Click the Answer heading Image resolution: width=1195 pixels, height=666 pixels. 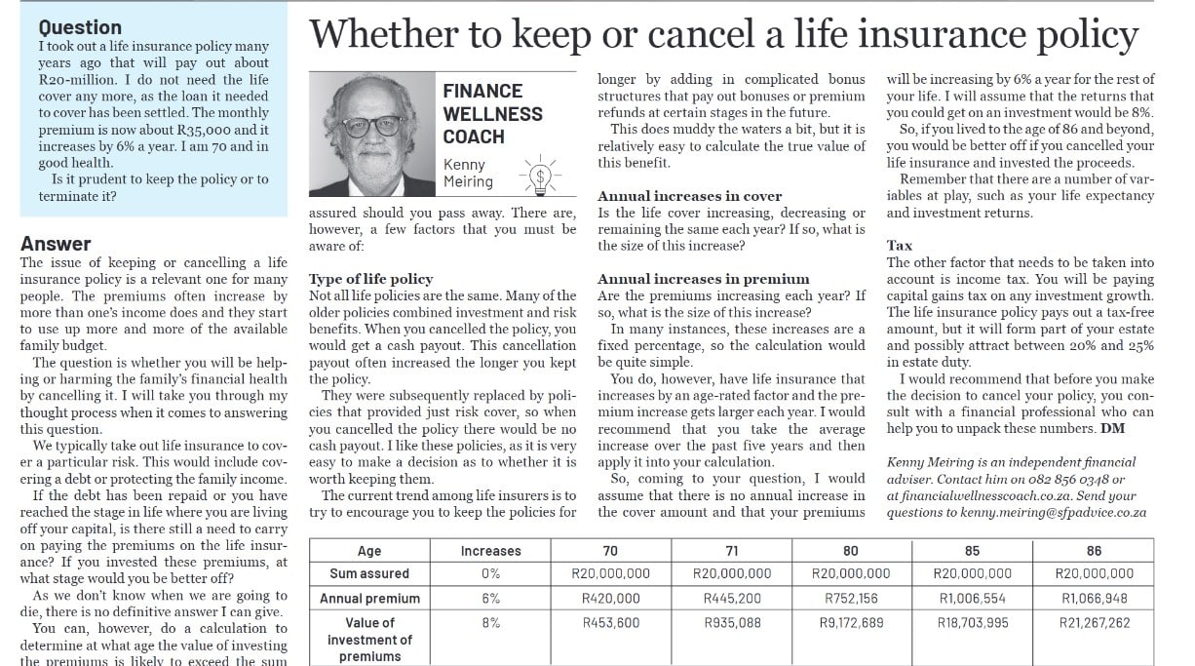pos(56,244)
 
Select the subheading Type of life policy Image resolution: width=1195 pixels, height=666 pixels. pos(370,279)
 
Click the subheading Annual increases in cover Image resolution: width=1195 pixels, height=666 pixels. pos(689,196)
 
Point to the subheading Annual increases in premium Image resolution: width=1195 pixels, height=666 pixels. pos(703,279)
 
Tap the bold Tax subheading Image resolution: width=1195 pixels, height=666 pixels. pos(899,246)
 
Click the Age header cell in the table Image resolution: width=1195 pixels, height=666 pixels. pos(369,551)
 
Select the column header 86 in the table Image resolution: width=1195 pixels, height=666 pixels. pos(1094,551)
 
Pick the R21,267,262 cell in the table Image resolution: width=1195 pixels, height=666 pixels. pos(1094,623)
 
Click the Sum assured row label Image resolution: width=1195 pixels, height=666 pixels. pos(369,574)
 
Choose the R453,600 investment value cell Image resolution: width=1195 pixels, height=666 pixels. pos(610,623)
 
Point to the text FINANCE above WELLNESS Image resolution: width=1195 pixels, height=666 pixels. pos(482,91)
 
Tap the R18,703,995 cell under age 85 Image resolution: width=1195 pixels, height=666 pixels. pos(972,623)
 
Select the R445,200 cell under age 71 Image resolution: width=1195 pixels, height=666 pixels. pos(731,599)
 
